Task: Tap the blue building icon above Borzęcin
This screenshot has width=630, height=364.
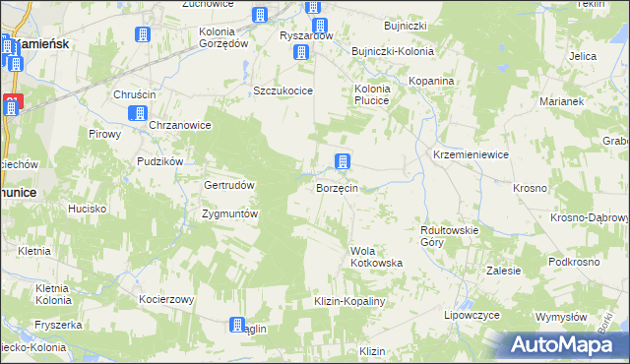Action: click(342, 162)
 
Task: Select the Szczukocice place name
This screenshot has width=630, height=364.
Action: click(283, 91)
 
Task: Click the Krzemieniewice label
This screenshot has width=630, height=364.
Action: click(471, 156)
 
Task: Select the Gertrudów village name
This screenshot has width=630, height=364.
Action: click(229, 186)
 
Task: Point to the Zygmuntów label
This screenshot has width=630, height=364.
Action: click(229, 213)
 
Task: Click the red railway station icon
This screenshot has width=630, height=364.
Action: click(11, 105)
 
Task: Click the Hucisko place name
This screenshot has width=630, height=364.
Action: click(87, 209)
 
